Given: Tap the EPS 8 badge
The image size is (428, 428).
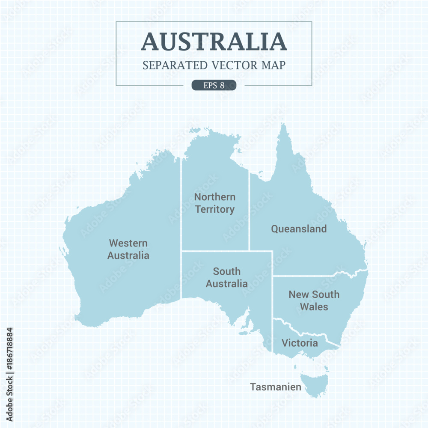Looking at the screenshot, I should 214,85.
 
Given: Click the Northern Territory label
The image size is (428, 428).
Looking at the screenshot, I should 214,203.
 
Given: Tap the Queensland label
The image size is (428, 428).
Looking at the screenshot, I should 299,229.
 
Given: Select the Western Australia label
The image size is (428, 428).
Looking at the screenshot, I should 128,249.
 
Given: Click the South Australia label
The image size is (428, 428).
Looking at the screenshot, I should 226,277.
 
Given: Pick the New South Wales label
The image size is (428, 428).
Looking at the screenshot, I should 314,300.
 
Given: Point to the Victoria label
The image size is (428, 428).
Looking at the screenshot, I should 300,343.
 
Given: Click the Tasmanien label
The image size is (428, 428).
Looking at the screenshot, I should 276,387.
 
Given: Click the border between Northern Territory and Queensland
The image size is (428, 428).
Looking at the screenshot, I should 250,214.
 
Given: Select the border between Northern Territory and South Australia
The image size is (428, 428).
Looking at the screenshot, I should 214,251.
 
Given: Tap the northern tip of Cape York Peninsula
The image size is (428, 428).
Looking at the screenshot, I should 282,125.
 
